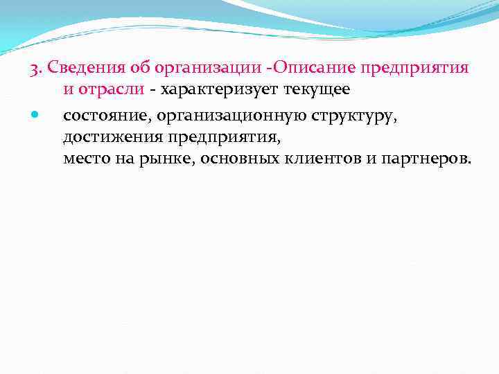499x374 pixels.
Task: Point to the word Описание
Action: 314,69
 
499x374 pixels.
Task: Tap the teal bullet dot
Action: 35,113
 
